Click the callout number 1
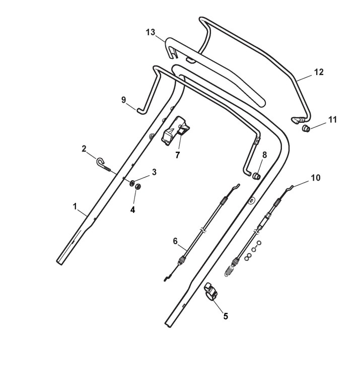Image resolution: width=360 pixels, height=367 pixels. [x=75, y=206]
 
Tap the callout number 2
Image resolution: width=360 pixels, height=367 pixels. [x=84, y=149]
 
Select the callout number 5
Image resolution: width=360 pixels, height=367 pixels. [x=225, y=316]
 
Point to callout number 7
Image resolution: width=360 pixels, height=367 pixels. [x=177, y=155]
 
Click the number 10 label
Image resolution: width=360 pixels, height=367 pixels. [x=315, y=178]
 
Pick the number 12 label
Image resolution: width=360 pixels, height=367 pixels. [x=319, y=72]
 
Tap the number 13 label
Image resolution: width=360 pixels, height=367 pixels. [x=151, y=32]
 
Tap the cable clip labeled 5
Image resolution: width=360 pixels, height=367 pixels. [x=210, y=293]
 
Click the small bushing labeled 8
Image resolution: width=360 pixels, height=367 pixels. [x=256, y=176]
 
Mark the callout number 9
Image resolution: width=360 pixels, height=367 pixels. [x=123, y=100]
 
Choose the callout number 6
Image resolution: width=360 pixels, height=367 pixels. [x=175, y=241]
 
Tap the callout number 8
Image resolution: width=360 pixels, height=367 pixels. [x=264, y=155]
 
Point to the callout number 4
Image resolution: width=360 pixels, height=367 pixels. [x=133, y=209]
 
